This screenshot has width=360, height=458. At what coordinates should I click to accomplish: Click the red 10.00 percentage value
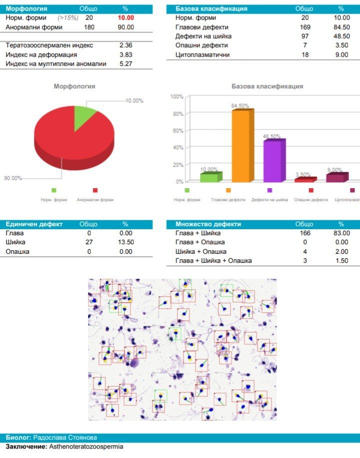[x=125, y=18]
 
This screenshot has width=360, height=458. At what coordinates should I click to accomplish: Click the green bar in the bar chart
[x=209, y=177]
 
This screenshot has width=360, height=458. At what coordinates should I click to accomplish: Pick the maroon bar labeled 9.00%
[x=336, y=177]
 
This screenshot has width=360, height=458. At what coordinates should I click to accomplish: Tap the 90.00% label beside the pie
[x=13, y=178]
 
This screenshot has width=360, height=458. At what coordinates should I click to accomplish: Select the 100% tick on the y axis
[x=177, y=97]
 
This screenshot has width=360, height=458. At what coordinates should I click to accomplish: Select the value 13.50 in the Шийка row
[x=125, y=242]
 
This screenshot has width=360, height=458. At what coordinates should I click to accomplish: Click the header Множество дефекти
[x=208, y=224]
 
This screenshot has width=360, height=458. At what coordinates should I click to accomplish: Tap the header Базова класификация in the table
[x=211, y=9]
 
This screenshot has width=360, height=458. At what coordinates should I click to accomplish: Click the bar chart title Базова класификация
[x=267, y=86]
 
